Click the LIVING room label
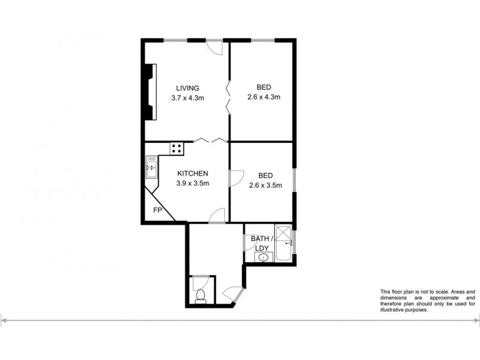187,88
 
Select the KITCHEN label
192,173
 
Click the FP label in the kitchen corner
158,210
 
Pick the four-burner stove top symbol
178,148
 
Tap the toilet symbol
202,295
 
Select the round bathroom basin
261,257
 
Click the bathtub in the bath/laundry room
283,244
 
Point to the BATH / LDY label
262,244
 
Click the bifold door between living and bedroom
228,98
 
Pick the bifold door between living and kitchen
209,140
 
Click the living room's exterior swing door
215,47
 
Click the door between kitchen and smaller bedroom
236,178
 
